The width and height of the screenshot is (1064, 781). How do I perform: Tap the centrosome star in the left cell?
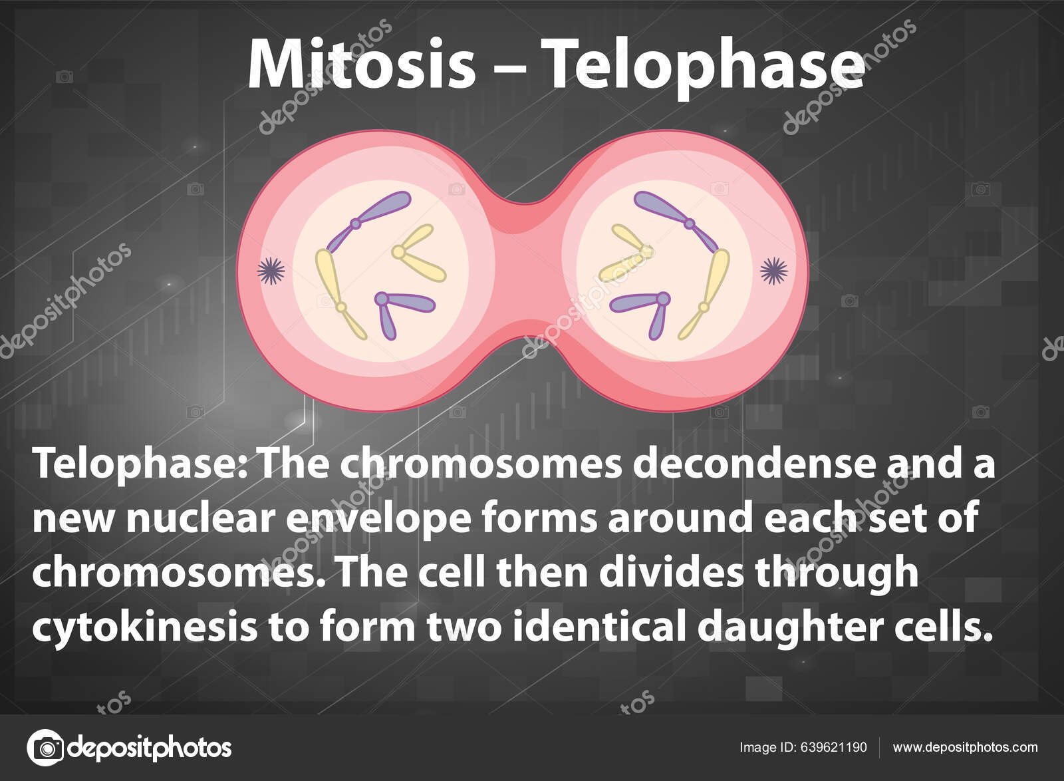tap(271, 270)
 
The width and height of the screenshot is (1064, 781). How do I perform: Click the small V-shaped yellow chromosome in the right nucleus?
tap(628, 255)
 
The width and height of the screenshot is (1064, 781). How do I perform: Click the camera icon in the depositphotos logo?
tap(45, 746)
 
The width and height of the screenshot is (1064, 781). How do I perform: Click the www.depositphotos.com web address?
tap(965, 747)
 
